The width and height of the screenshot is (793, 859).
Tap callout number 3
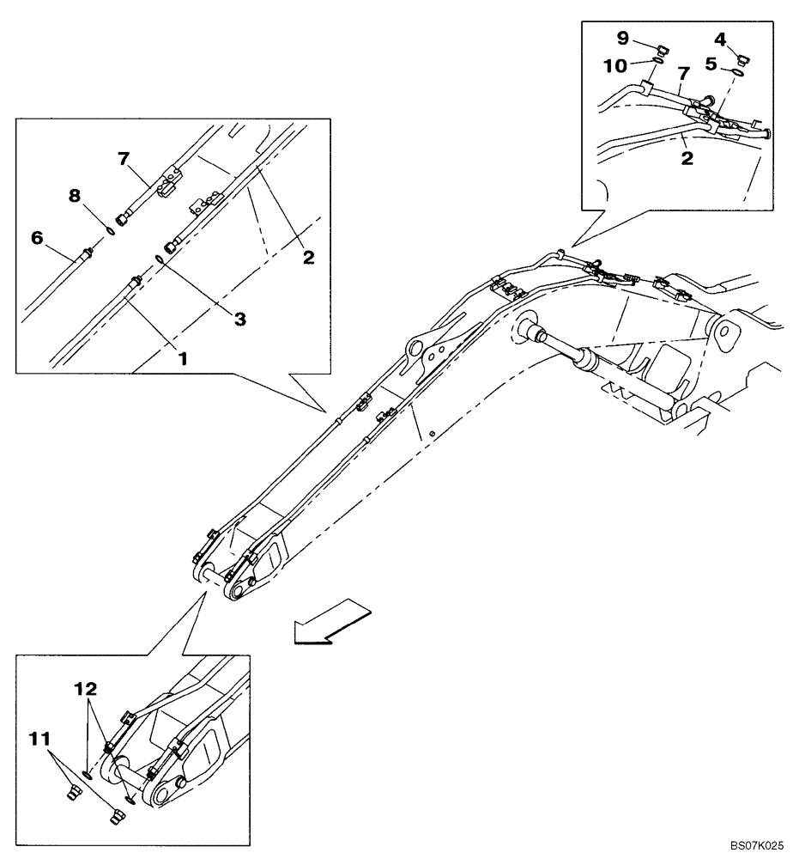tap(240, 318)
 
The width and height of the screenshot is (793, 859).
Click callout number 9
tap(621, 37)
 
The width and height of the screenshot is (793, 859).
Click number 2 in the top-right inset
tap(687, 159)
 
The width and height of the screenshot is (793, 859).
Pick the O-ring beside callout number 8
tap(112, 228)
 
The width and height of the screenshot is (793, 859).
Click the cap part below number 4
tap(743, 58)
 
